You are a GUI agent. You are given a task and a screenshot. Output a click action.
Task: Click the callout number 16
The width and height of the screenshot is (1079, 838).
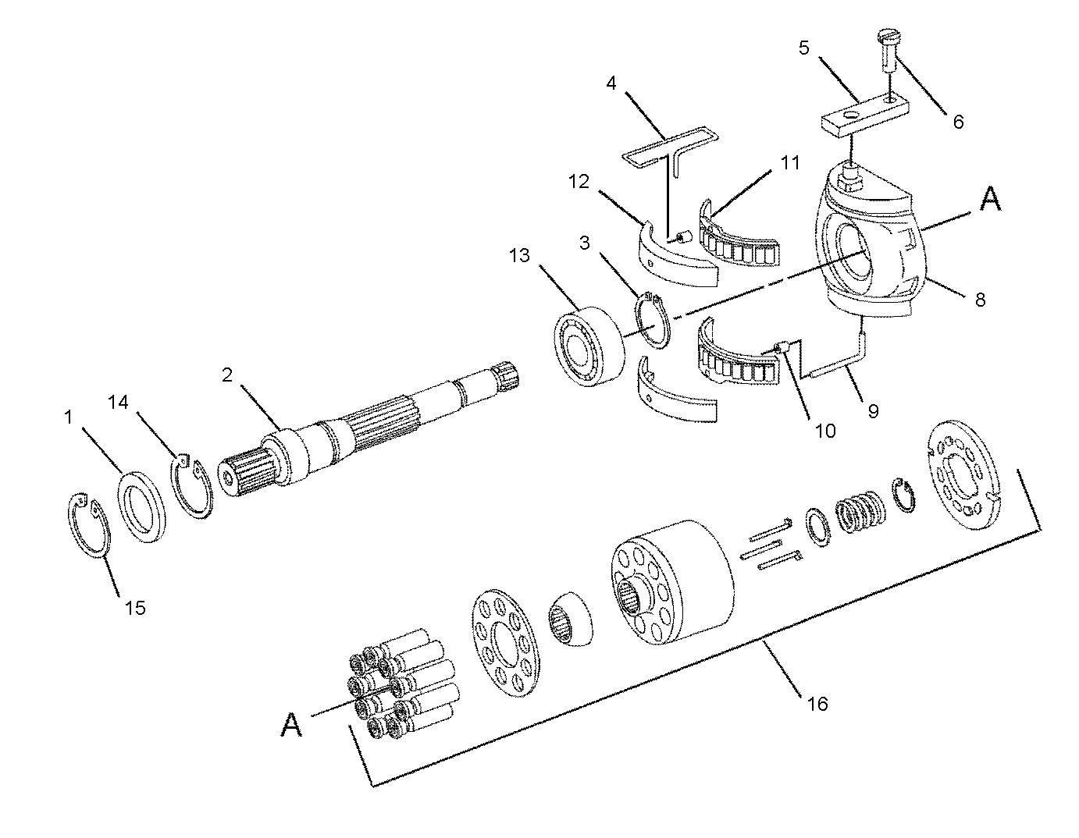(x=817, y=704)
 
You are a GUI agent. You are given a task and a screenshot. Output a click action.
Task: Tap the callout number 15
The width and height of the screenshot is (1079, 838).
(x=135, y=608)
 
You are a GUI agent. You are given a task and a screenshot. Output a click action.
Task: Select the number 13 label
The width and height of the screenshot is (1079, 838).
(x=521, y=256)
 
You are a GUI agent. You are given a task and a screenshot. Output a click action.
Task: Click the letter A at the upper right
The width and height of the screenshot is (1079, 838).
(x=989, y=200)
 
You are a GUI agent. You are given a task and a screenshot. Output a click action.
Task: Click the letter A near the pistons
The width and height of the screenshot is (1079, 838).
(x=291, y=726)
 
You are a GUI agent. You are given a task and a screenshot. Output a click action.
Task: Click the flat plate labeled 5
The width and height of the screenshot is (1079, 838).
(x=863, y=113)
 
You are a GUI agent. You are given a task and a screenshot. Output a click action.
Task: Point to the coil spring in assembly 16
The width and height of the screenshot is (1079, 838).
(x=861, y=510)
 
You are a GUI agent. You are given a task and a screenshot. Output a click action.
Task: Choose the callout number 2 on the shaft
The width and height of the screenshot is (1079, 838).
(x=227, y=375)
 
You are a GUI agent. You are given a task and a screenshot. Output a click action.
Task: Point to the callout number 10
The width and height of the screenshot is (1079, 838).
(x=825, y=430)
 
